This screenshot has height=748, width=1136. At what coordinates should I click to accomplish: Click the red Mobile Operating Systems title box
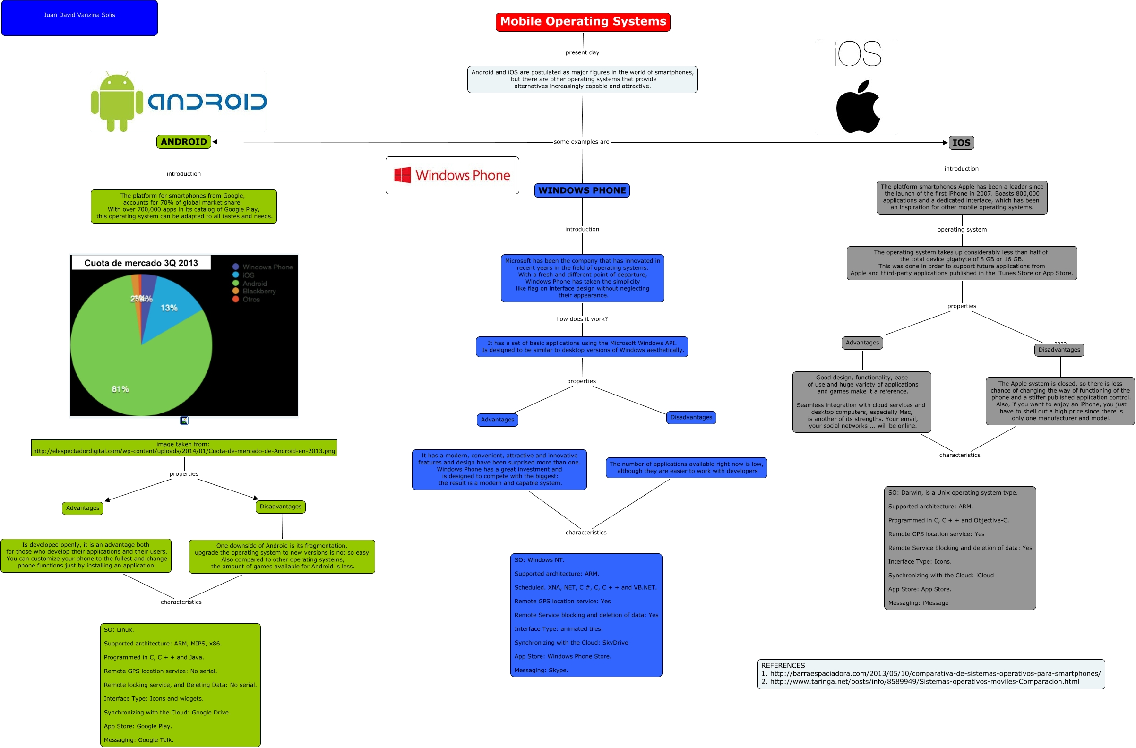tap(583, 22)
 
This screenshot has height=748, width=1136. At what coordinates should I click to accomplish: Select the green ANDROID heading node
tap(184, 142)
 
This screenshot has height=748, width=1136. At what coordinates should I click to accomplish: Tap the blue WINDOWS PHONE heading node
tap(582, 190)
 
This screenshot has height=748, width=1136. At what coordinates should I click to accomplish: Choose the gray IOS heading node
tap(961, 143)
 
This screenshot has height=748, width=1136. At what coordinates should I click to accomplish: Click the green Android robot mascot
tap(117, 101)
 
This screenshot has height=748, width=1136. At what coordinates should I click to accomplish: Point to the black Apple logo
tap(858, 107)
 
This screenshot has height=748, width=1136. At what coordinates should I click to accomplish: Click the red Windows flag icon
tap(403, 175)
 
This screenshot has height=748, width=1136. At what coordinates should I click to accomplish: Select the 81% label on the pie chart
tap(120, 389)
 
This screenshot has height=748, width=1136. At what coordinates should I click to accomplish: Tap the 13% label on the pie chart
tap(169, 308)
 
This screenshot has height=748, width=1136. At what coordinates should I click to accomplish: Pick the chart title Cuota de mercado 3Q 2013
tap(141, 263)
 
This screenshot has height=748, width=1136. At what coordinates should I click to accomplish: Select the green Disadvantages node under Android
tap(281, 507)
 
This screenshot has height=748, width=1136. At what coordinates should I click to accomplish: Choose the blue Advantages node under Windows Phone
tap(498, 420)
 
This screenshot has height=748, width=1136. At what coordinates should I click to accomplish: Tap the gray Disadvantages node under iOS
tap(1059, 350)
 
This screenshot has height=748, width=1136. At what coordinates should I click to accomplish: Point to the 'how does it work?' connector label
tap(582, 319)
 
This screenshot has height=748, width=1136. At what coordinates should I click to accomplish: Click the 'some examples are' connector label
tap(581, 142)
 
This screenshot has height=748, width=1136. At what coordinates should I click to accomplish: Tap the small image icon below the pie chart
tap(184, 421)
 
